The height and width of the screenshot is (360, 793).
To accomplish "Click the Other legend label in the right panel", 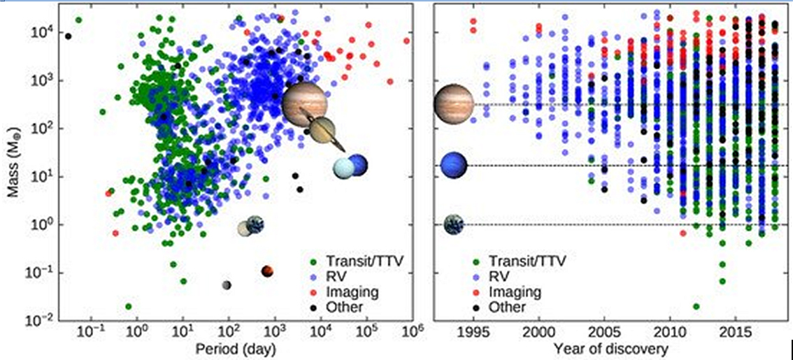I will point(508,307).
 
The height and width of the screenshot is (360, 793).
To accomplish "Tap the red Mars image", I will point(266,271).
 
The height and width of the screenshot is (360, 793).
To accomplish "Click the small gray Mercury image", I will point(227,285).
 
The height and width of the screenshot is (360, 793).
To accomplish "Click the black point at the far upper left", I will point(68,36).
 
